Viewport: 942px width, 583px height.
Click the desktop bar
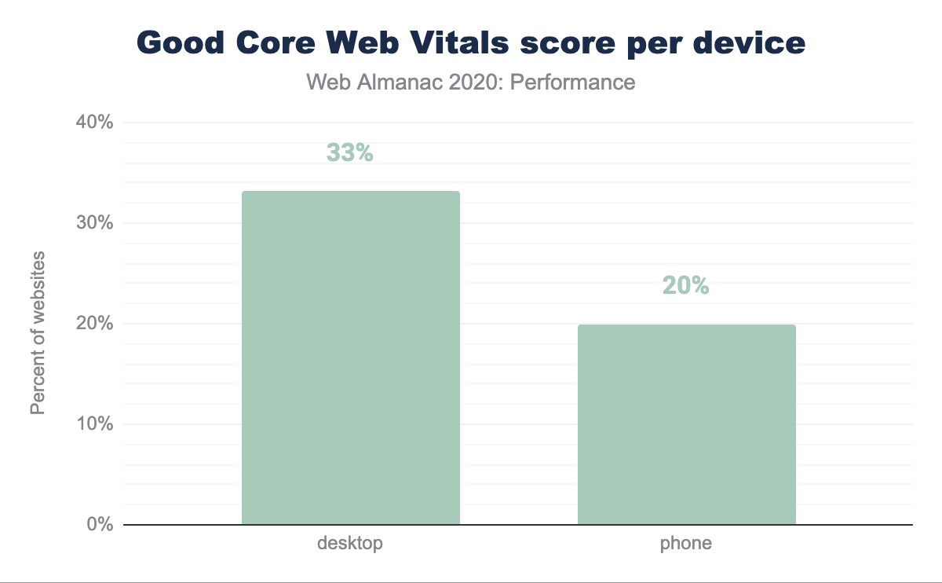click(x=350, y=357)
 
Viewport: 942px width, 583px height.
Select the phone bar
click(x=686, y=424)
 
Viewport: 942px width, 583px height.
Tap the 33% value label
click(x=349, y=152)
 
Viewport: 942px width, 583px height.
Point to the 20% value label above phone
click(x=686, y=286)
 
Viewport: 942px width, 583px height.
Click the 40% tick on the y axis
click(x=95, y=123)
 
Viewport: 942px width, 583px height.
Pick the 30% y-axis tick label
click(x=95, y=223)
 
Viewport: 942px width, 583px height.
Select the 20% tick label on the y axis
click(x=95, y=324)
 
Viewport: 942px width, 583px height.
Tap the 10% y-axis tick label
click(x=95, y=424)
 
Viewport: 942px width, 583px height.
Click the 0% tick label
click(x=100, y=525)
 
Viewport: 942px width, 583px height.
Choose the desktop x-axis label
click(x=350, y=543)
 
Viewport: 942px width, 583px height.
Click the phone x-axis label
click(x=686, y=543)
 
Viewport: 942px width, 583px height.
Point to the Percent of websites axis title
click(x=38, y=333)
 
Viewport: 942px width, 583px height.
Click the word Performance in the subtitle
click(x=572, y=82)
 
